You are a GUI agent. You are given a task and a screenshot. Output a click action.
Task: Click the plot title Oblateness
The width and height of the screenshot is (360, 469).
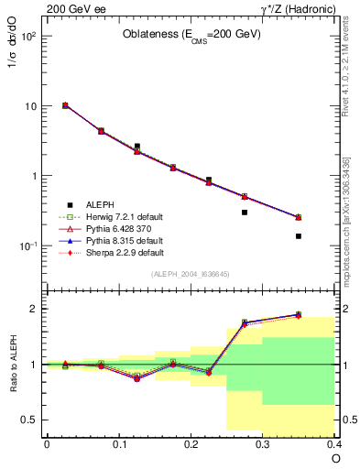click(191, 35)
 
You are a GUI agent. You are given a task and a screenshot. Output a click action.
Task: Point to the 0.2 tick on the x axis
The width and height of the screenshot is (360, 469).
click(191, 444)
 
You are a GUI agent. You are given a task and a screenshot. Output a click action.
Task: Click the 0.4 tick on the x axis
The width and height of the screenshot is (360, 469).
click(334, 444)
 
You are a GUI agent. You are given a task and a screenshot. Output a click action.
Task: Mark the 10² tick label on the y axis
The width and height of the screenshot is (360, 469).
click(28, 37)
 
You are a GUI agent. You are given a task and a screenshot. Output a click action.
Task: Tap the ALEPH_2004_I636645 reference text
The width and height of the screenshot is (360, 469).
click(191, 275)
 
